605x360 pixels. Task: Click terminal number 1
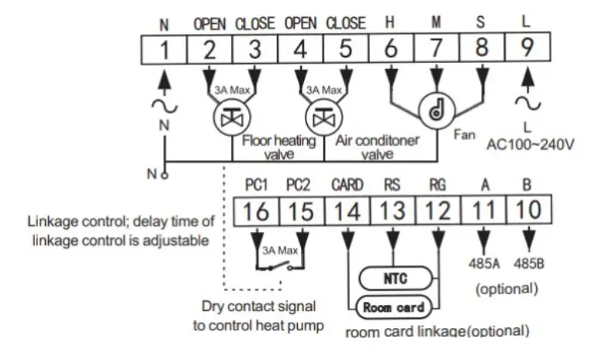pos(164,49)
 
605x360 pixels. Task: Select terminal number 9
pos(527,49)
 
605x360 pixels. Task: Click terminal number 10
pos(529,210)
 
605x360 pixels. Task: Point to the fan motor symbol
pos(436,112)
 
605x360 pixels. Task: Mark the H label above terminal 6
pos(390,24)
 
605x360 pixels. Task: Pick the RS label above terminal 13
pos(392,186)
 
